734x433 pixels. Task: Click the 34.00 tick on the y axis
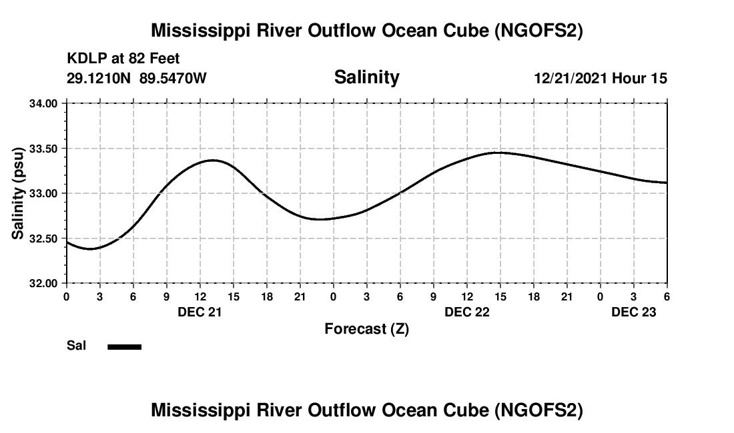click(x=43, y=103)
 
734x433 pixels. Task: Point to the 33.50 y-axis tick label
click(x=43, y=149)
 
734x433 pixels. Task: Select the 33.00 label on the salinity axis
click(x=43, y=193)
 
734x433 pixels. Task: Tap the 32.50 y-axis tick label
click(x=43, y=238)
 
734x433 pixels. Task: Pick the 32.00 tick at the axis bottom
click(x=43, y=283)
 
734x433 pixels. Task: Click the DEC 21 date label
click(x=200, y=311)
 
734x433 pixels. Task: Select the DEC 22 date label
click(x=466, y=311)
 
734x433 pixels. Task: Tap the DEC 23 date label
click(x=634, y=311)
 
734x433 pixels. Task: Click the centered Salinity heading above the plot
click(x=366, y=77)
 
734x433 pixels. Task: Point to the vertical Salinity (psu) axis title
click(x=18, y=193)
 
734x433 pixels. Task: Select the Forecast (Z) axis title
click(x=366, y=328)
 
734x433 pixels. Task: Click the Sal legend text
click(x=76, y=346)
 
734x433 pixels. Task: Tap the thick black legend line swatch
click(x=124, y=346)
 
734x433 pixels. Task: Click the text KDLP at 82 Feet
click(x=123, y=59)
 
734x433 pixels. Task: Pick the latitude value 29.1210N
click(x=99, y=78)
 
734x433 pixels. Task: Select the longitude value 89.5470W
click(x=173, y=78)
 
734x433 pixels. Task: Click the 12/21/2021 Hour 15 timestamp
click(x=601, y=78)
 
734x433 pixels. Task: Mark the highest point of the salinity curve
click(x=497, y=153)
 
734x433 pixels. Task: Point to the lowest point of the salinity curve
click(x=92, y=248)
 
